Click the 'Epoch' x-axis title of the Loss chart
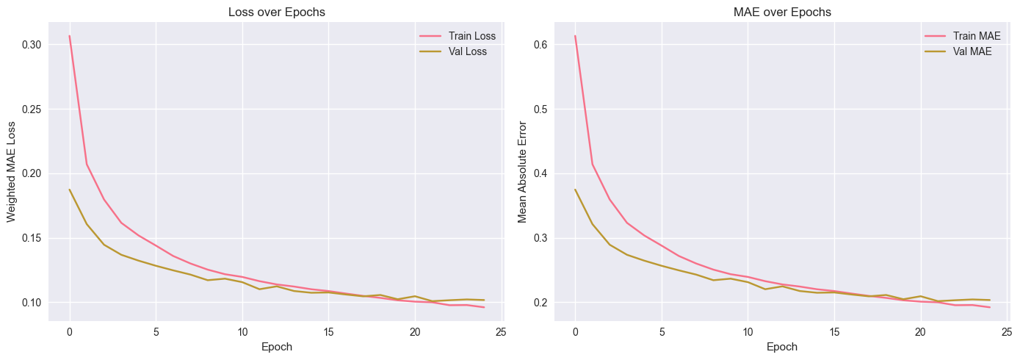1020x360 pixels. click(x=277, y=347)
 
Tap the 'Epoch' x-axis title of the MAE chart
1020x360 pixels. click(x=782, y=347)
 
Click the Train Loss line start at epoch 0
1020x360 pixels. click(x=70, y=36)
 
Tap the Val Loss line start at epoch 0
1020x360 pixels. click(x=70, y=190)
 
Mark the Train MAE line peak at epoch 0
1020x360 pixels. click(x=575, y=36)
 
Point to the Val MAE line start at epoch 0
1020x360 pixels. click(x=575, y=190)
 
